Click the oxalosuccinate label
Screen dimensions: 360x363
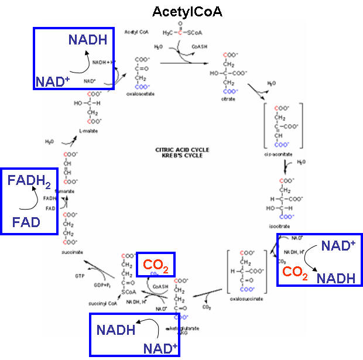[246, 299]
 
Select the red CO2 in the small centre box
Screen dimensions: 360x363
[156, 267]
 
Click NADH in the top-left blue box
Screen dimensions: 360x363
[88, 40]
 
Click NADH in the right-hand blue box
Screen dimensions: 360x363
[335, 278]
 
